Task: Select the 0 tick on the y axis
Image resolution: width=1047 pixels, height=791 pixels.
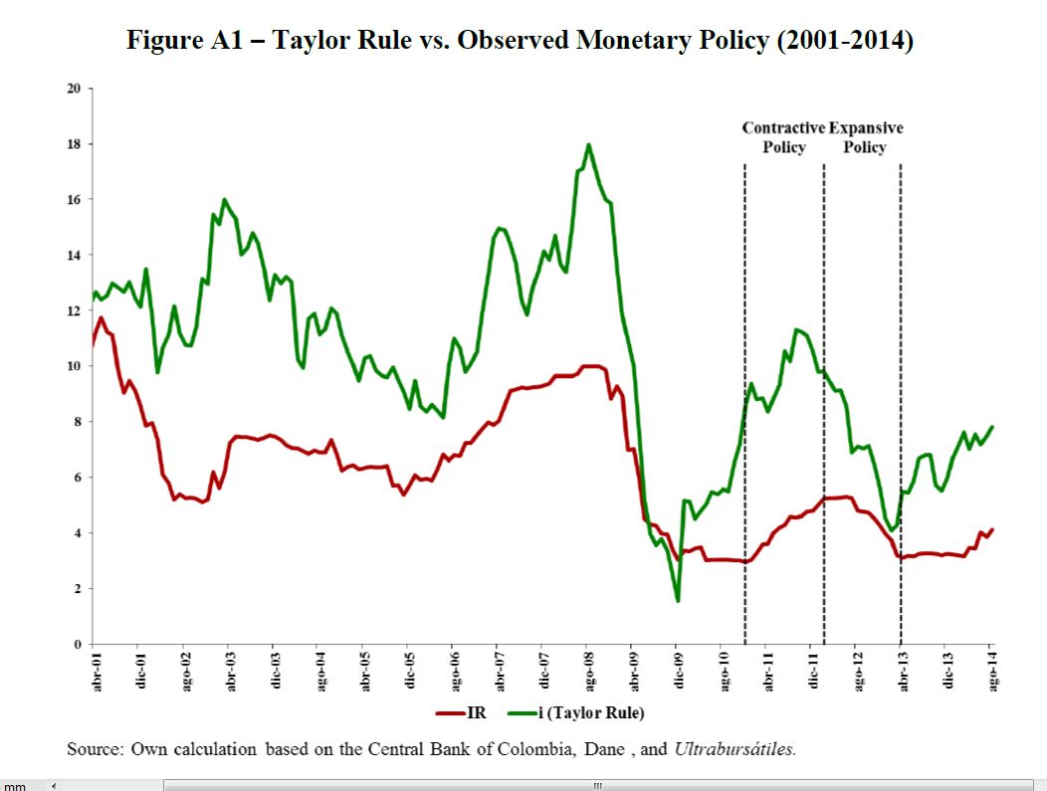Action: [x=76, y=645]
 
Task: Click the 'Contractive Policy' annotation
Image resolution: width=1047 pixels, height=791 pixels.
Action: [x=784, y=137]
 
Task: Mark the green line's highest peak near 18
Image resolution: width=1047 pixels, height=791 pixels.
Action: [x=588, y=145]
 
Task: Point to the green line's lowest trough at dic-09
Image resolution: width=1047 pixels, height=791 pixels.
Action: [x=678, y=601]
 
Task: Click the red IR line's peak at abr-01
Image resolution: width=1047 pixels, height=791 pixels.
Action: [x=101, y=317]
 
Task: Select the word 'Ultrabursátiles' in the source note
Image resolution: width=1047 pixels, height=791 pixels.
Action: [x=734, y=749]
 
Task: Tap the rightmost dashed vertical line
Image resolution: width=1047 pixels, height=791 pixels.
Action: [x=901, y=398]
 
